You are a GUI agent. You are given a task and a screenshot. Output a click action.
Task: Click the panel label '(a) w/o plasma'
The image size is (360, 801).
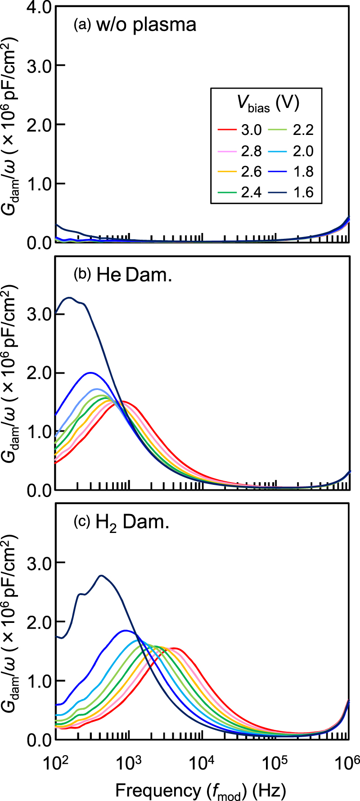click(x=135, y=25)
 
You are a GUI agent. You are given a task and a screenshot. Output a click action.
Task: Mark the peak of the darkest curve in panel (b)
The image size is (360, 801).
click(x=69, y=297)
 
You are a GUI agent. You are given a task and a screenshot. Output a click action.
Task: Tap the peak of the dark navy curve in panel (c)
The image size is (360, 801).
click(x=101, y=575)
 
